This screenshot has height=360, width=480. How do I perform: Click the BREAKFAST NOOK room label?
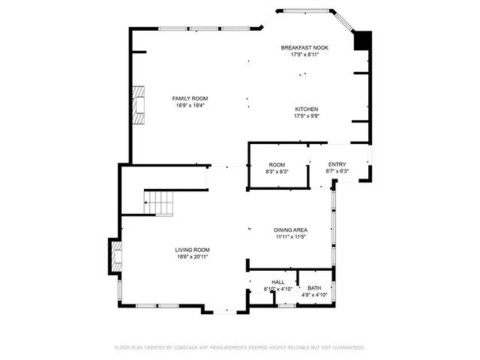[304, 47]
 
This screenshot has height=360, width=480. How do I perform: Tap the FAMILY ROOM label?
[190, 98]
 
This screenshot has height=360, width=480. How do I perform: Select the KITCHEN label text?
[307, 109]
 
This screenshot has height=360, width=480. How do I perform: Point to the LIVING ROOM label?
[192, 250]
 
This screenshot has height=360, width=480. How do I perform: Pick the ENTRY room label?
[337, 164]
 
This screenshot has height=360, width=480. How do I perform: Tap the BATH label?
[314, 288]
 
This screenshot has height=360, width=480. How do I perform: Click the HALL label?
[277, 282]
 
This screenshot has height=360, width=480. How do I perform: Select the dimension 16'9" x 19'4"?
[190, 106]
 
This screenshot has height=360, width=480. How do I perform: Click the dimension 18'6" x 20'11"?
[192, 257]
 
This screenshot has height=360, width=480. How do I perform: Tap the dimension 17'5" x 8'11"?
[304, 55]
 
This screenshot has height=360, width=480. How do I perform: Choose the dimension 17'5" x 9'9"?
[307, 116]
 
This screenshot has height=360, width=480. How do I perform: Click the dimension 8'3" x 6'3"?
[277, 172]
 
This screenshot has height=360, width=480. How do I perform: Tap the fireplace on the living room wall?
[116, 256]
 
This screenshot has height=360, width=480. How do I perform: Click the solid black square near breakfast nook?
[362, 40]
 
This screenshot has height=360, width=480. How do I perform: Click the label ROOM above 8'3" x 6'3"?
[277, 164]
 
